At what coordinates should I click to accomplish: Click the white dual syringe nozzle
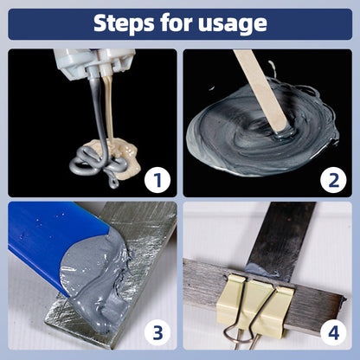(x=98, y=62)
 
